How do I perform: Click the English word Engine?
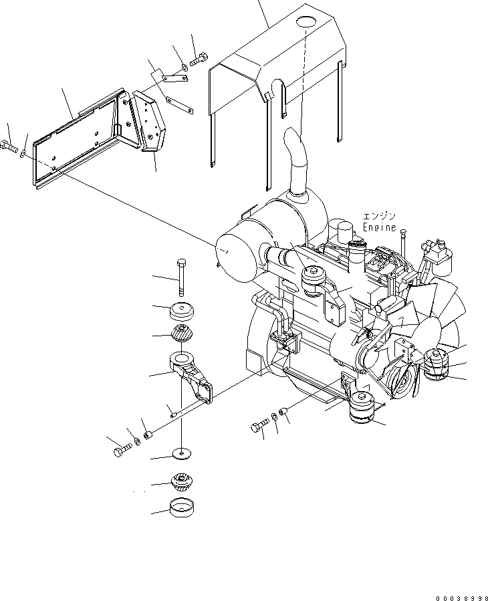point(379,227)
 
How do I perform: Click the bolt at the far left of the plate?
point(9,145)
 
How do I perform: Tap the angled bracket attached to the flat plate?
point(148,124)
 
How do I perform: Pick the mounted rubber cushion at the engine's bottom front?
point(364,408)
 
